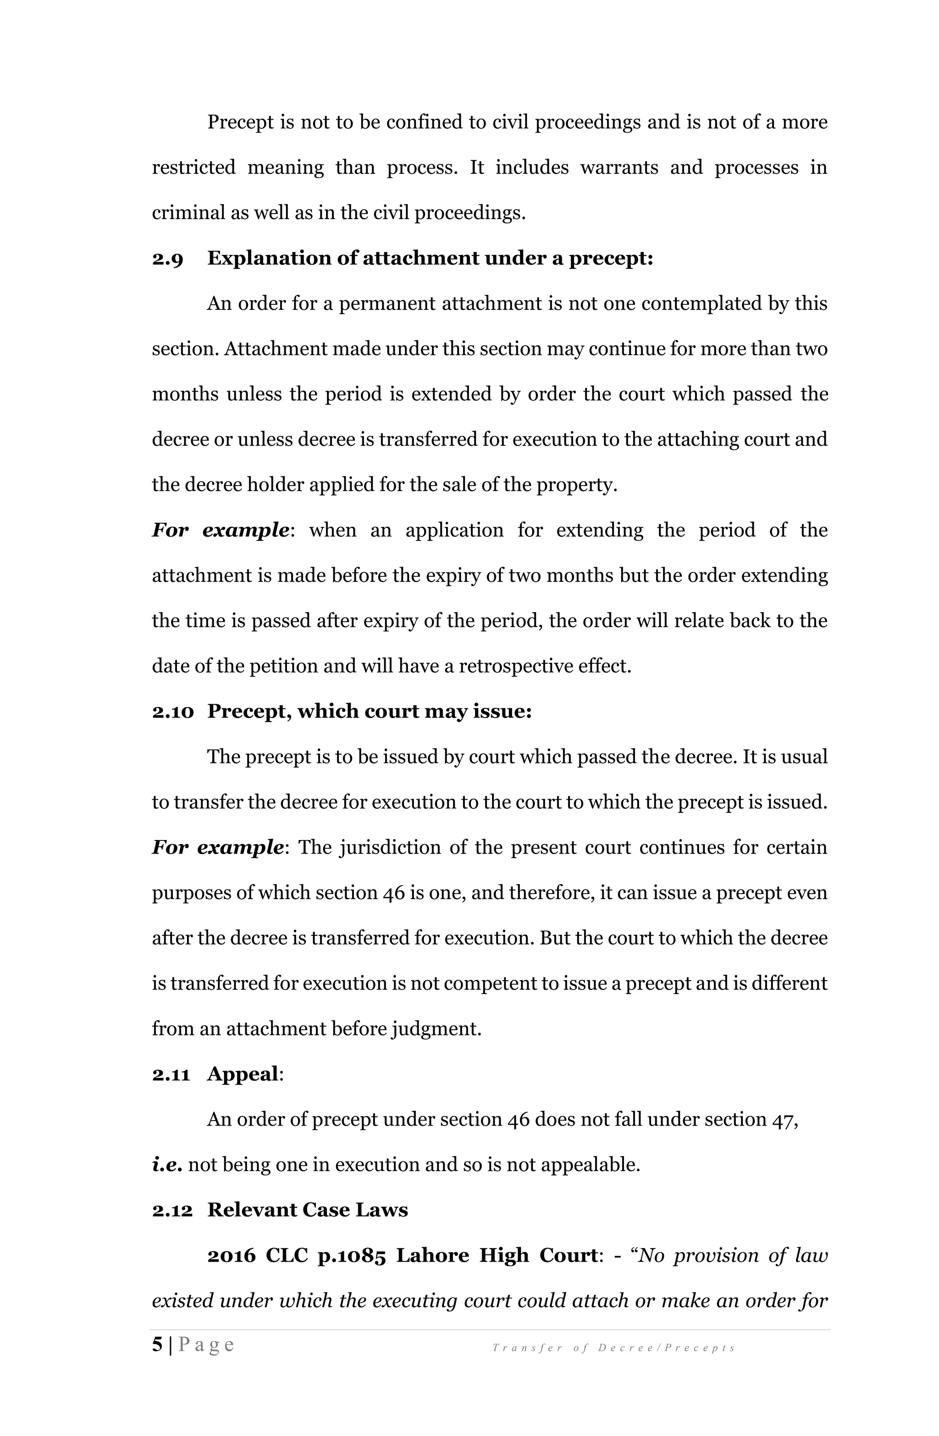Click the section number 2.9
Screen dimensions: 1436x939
pyautogui.click(x=167, y=259)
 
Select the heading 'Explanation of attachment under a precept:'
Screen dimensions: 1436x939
pyautogui.click(x=430, y=258)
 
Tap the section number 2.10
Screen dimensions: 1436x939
pyautogui.click(x=172, y=712)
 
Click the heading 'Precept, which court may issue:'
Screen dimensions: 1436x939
pyautogui.click(x=370, y=712)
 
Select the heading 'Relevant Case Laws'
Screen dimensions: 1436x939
pyautogui.click(x=307, y=1210)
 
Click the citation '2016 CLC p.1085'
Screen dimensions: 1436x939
pyautogui.click(x=296, y=1256)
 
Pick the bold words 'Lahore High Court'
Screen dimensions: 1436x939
pyautogui.click(x=496, y=1256)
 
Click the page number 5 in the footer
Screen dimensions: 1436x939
pyautogui.click(x=157, y=1345)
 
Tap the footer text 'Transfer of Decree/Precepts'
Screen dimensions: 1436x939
pyautogui.click(x=613, y=1348)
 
